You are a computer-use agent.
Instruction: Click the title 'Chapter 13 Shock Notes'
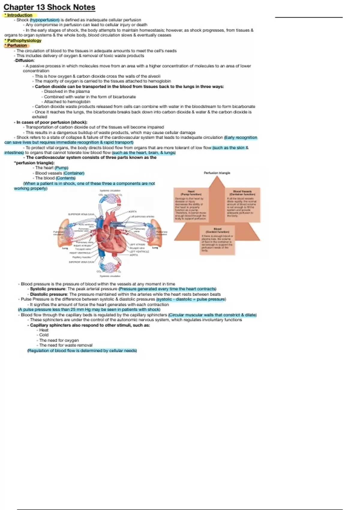pyautogui.click(x=49, y=7)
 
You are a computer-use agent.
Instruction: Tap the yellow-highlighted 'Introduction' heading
pyautogui.click(x=19, y=15)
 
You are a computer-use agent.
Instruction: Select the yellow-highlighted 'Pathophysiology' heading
pyautogui.click(x=24, y=40)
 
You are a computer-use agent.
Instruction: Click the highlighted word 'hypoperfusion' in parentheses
pyautogui.click(x=45, y=20)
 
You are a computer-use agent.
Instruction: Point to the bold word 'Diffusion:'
pyautogui.click(x=25, y=61)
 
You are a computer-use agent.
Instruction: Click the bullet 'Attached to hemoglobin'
pyautogui.click(x=67, y=102)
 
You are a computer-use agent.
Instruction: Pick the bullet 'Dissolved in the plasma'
pyautogui.click(x=67, y=91)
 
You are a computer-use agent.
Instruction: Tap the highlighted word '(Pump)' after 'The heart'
pyautogui.click(x=61, y=168)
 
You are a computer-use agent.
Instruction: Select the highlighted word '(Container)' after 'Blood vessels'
pyautogui.click(x=74, y=173)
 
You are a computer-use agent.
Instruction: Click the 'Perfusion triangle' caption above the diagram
pyautogui.click(x=217, y=173)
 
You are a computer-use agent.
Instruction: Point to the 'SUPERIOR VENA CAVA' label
pyautogui.click(x=81, y=214)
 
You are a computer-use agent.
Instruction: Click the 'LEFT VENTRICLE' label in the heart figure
pyautogui.click(x=139, y=252)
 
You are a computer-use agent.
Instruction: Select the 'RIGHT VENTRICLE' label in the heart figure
pyautogui.click(x=80, y=253)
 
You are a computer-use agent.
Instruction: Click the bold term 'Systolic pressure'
pyautogui.click(x=48, y=289)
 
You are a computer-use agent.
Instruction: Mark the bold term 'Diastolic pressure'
pyautogui.click(x=49, y=294)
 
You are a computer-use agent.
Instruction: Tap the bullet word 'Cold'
pyautogui.click(x=44, y=335)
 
